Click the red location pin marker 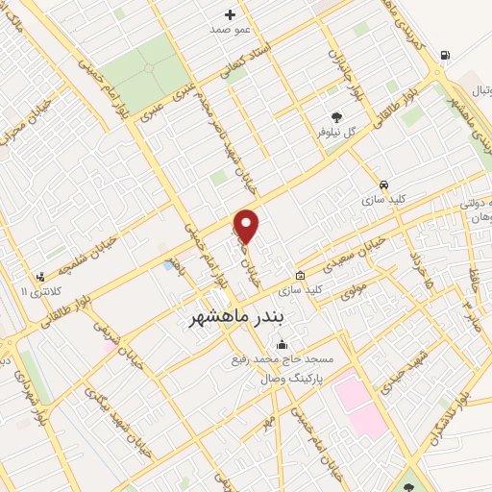[x=247, y=226]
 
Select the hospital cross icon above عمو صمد [x=230, y=14]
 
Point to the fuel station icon [x=443, y=55]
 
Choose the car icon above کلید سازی [x=384, y=184]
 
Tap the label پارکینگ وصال [x=296, y=379]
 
